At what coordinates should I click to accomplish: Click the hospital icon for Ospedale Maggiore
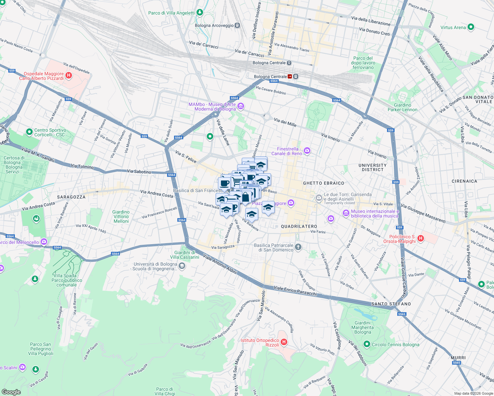pos(69,76)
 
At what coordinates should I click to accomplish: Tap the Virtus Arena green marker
pos(471,27)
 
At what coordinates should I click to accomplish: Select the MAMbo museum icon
pos(241,106)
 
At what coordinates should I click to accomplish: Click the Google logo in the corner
pos(11,392)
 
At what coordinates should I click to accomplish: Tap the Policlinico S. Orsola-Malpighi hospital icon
pos(420,238)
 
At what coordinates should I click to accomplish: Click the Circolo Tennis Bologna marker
pos(367,345)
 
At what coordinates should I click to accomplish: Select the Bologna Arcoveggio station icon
pos(237,25)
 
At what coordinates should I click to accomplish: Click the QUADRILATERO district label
pos(299,226)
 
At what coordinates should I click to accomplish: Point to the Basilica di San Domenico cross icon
pos(298,247)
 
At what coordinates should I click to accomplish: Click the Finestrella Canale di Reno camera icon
pos(307,151)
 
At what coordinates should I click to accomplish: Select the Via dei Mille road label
pos(285,122)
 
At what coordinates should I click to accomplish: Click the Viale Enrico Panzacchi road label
pos(295,291)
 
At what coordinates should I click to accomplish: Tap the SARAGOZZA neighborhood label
pos(71,197)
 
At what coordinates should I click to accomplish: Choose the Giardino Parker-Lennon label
pos(402,107)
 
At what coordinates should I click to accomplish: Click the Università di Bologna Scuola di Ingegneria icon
pos(182,266)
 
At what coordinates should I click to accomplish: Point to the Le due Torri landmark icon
pos(319,198)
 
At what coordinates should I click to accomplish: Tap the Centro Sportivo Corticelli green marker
pos(29,132)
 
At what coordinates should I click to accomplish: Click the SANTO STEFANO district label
pos(391,304)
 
